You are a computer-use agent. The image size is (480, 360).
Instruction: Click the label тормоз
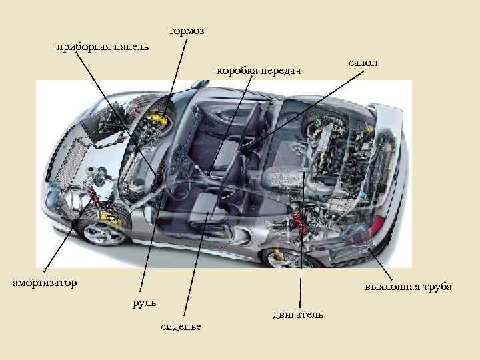(186, 31)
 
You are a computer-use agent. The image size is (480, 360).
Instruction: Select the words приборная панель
(103, 47)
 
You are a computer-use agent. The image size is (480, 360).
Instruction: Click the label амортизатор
(45, 283)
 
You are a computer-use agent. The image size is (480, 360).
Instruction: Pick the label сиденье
(183, 325)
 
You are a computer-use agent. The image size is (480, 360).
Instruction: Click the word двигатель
(298, 314)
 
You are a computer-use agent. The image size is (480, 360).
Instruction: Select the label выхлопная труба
(408, 287)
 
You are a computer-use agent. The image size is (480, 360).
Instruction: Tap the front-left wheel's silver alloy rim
(103, 231)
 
